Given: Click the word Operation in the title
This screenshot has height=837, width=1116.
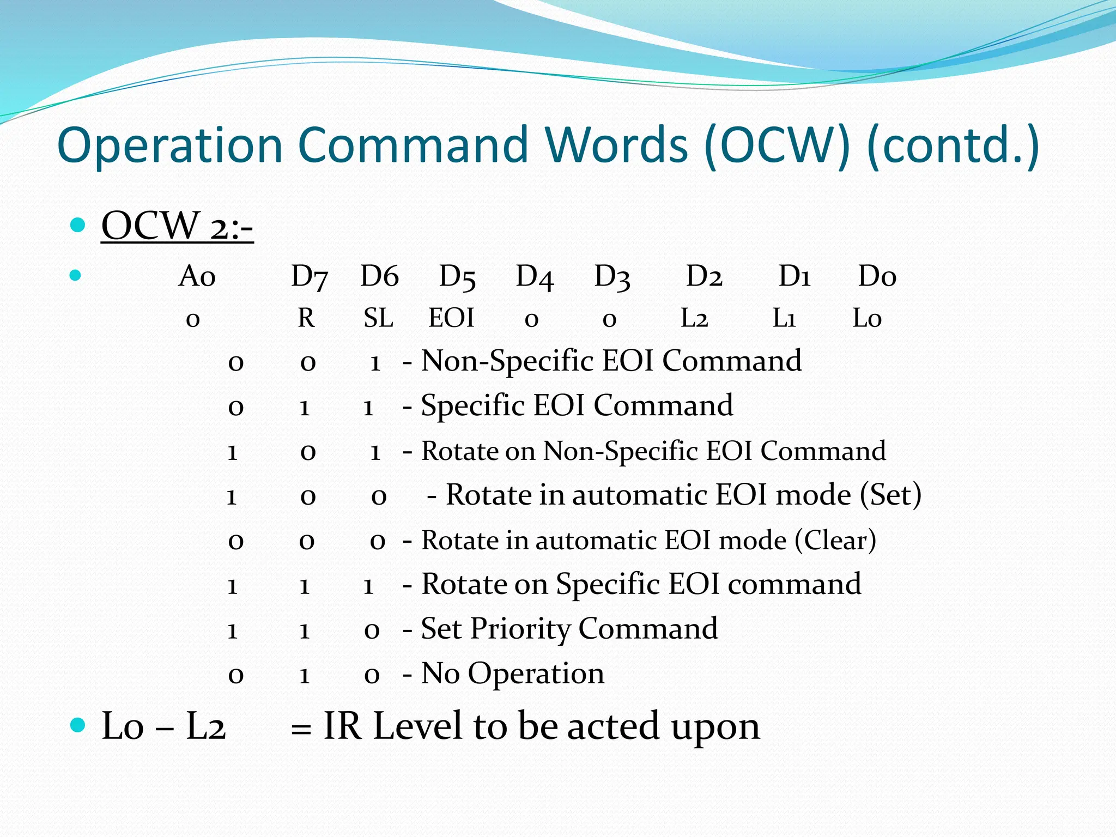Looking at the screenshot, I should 169,146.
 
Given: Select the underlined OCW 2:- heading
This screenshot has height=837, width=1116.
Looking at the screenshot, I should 177,226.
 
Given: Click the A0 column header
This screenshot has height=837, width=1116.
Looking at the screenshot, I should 197,276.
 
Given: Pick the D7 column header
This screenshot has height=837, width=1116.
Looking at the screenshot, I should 309,276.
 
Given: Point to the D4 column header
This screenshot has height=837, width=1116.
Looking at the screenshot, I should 535,276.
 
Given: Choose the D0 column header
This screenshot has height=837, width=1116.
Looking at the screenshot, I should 877,276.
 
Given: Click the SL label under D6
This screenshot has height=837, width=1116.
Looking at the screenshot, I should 378,318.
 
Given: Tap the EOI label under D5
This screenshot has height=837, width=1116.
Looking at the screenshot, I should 451,318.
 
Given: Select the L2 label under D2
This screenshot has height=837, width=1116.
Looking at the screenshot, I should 694,318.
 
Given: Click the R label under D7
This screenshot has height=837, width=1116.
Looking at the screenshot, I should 306,318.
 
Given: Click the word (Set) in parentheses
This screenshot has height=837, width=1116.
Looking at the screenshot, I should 890,495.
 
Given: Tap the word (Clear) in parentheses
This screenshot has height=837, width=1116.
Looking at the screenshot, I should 835,541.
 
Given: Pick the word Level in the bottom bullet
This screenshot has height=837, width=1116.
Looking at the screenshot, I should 417,726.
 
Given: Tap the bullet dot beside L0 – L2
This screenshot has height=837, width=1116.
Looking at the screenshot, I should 78,725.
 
